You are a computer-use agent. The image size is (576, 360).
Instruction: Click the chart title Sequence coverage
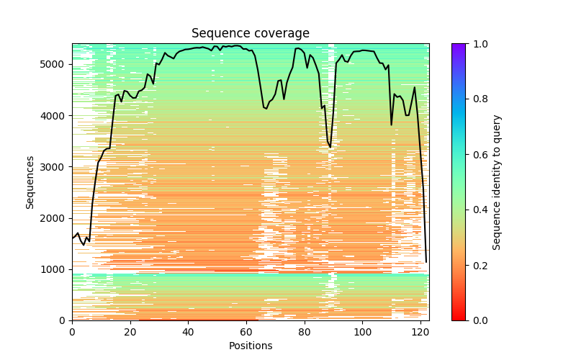tap(250, 34)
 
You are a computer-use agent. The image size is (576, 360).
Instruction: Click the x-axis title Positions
tap(250, 346)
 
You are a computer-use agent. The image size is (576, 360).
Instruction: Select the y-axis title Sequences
tap(30, 181)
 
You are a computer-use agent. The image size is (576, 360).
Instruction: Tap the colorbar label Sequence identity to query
tap(497, 181)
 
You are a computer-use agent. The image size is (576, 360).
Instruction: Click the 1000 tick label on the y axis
tap(55, 269)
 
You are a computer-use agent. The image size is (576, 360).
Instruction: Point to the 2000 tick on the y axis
tap(55, 218)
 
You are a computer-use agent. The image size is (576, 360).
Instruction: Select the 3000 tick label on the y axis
tap(55, 167)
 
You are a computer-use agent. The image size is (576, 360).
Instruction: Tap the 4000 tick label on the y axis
tap(55, 115)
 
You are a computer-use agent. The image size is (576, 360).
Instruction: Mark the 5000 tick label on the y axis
tap(55, 64)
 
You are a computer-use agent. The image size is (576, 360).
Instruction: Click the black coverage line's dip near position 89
tap(330, 148)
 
